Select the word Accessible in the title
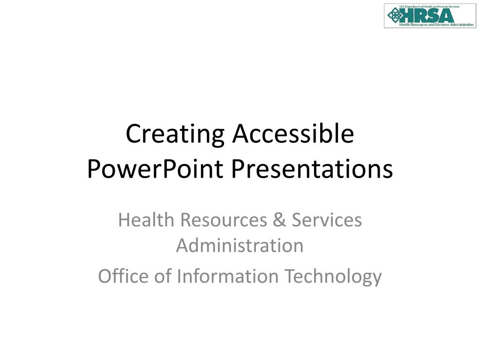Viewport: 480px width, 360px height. tap(293, 134)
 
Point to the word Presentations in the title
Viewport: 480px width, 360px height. tap(311, 169)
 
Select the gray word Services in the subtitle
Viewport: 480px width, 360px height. tap(327, 220)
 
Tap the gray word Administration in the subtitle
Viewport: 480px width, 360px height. tap(240, 245)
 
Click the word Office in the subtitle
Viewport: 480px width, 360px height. tap(123, 276)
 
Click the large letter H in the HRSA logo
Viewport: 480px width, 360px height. tap(407, 15)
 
